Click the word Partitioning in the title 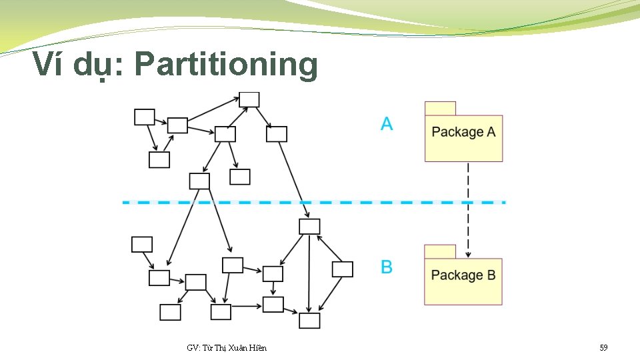coord(226,65)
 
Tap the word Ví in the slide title coord(50,64)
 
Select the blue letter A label coord(387,124)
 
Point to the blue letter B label coord(387,267)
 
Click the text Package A coord(463,132)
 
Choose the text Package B coord(463,275)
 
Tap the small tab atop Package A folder coord(440,109)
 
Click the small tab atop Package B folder coord(440,252)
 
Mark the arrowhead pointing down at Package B coord(469,253)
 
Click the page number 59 coord(603,348)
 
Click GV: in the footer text coord(194,348)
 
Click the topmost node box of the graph coord(249,99)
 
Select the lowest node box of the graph coord(309,321)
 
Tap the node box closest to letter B coord(342,269)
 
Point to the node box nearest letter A coord(277,134)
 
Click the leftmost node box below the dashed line coord(142,245)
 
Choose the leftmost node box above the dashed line coord(145,117)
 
